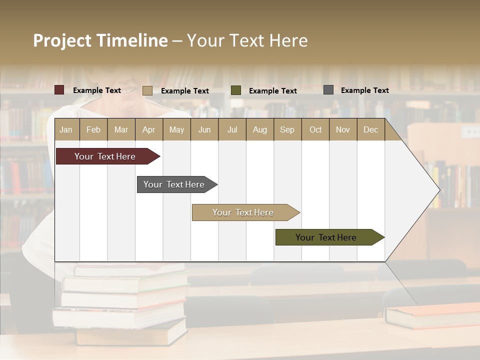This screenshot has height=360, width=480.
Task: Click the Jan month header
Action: pyautogui.click(x=66, y=130)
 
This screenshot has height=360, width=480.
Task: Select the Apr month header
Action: pyautogui.click(x=148, y=130)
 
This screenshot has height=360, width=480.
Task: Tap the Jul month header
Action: pyautogui.click(x=232, y=130)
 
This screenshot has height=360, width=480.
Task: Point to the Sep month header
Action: pyautogui.click(x=287, y=130)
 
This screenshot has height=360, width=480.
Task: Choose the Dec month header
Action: pyautogui.click(x=370, y=130)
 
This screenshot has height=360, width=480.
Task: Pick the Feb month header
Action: pyautogui.click(x=93, y=130)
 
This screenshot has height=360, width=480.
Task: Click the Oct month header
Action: pyautogui.click(x=315, y=130)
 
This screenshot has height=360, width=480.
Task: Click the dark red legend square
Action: pyautogui.click(x=59, y=90)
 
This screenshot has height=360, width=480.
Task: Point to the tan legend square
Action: pyautogui.click(x=147, y=90)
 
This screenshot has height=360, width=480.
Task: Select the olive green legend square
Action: pyautogui.click(x=235, y=90)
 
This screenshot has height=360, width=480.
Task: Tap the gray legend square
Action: pyautogui.click(x=328, y=89)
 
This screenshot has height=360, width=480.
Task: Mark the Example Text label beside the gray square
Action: pyautogui.click(x=364, y=90)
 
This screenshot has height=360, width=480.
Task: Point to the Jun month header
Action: pyautogui.click(x=204, y=130)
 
